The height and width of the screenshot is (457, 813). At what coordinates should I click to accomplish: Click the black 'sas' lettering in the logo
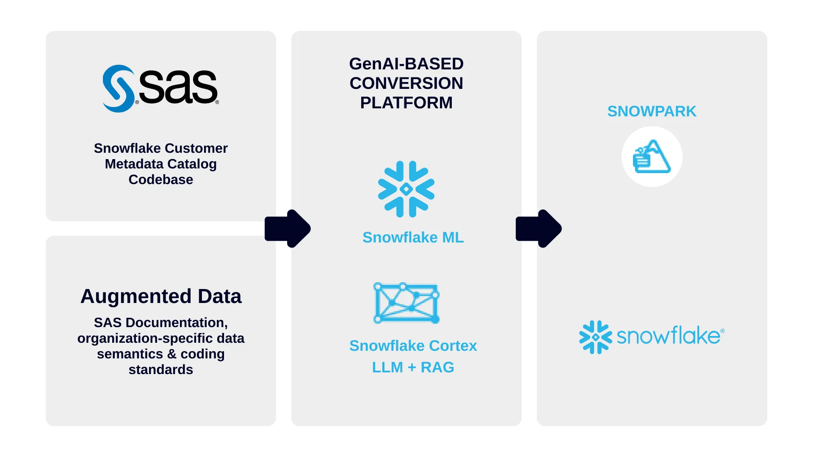pos(178,87)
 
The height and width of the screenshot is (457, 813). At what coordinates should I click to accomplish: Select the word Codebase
pos(161,179)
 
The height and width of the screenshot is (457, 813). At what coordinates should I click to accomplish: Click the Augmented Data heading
pos(161,296)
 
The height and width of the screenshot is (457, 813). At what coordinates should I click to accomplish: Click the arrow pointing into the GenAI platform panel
pos(288,228)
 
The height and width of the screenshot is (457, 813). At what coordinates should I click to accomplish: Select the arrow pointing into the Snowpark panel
pos(539,228)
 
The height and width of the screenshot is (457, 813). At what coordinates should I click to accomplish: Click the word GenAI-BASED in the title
pos(406,64)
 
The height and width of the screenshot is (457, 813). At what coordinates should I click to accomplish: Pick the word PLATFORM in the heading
pos(406,103)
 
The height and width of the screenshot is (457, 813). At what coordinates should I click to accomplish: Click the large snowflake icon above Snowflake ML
pos(406,189)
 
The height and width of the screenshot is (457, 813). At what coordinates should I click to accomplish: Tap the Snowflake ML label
pos(413,237)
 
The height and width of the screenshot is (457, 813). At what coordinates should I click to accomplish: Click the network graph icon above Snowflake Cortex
pos(406,303)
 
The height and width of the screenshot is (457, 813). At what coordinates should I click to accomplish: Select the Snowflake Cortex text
pos(413,346)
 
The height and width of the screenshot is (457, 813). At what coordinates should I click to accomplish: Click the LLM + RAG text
pos(413,367)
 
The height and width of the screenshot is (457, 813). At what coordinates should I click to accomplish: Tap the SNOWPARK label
pos(652,111)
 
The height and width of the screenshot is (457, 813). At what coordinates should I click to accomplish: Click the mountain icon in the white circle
pos(652,157)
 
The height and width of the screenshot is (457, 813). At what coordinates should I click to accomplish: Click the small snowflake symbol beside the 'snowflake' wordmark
pos(595,337)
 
